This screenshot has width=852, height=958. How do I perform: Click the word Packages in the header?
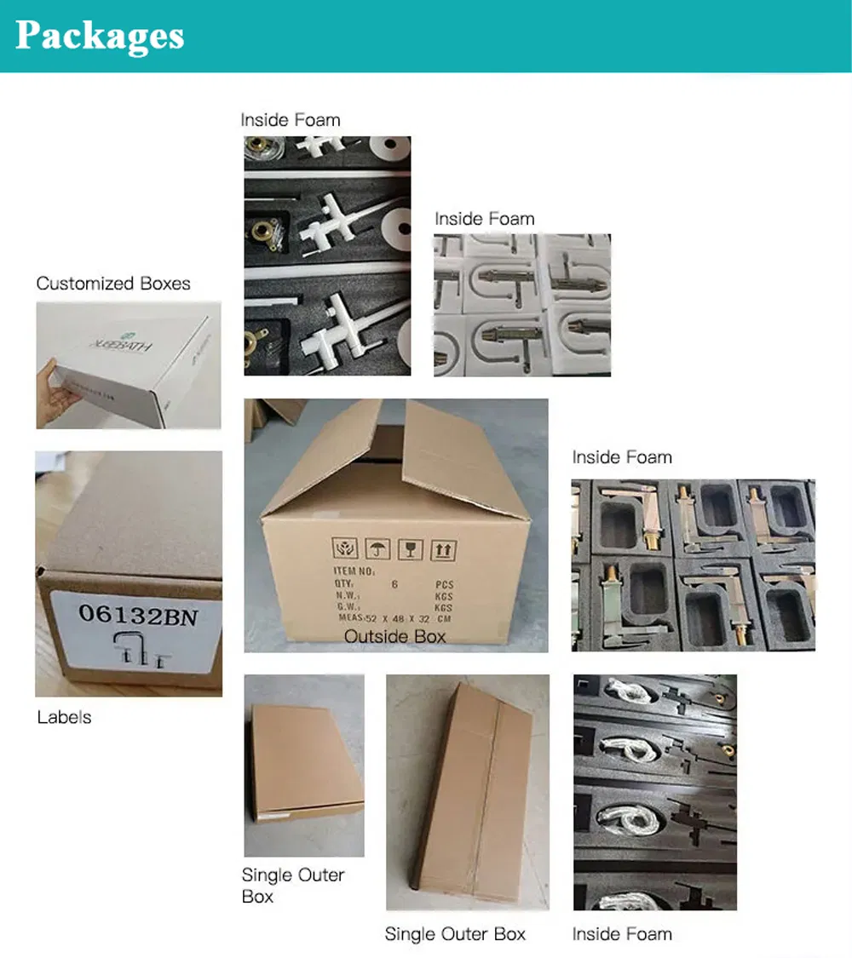pyautogui.click(x=100, y=36)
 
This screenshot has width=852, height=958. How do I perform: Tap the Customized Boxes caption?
pyautogui.click(x=113, y=284)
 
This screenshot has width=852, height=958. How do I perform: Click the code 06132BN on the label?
pyautogui.click(x=137, y=614)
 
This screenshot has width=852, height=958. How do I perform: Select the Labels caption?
pyautogui.click(x=64, y=717)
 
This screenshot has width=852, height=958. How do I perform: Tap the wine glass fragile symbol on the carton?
pyautogui.click(x=410, y=549)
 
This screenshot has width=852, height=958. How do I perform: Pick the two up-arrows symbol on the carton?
pyautogui.click(x=443, y=549)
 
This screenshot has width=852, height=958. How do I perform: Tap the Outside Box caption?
pyautogui.click(x=394, y=636)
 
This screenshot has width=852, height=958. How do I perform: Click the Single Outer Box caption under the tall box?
pyautogui.click(x=455, y=934)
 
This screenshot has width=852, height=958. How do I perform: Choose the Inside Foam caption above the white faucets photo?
pyautogui.click(x=291, y=120)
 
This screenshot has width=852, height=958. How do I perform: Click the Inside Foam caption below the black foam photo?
pyautogui.click(x=622, y=934)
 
